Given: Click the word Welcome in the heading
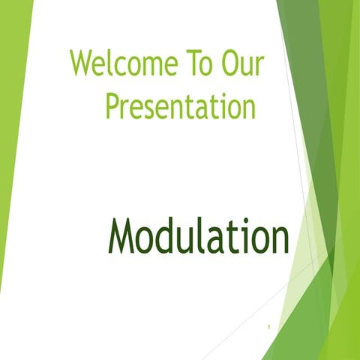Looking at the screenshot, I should click(120, 65).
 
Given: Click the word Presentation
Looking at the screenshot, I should click(181, 106).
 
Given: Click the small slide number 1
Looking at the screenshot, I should click(268, 327).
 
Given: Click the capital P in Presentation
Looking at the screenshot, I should click(112, 106).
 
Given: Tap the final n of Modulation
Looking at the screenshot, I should click(278, 238).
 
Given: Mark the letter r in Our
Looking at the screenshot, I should click(258, 68).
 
